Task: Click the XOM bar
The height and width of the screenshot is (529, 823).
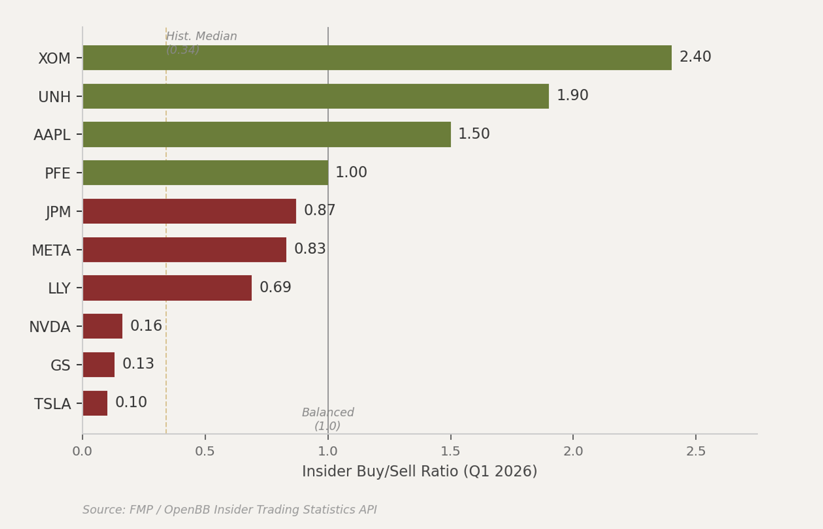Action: click(x=377, y=58)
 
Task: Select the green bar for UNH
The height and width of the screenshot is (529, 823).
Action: click(x=315, y=96)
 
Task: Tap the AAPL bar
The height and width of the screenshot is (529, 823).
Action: click(x=267, y=134)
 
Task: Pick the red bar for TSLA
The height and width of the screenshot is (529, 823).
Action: click(x=95, y=403)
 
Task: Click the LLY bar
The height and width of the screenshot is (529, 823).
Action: click(x=167, y=288)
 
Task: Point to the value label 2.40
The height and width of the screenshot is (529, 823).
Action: click(x=695, y=57)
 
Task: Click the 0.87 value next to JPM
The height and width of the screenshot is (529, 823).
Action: click(x=320, y=210)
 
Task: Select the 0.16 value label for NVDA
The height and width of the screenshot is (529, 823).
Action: click(x=146, y=326)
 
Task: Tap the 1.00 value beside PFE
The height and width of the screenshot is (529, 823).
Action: click(x=351, y=172)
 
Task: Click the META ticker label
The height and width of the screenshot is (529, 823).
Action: click(x=51, y=251)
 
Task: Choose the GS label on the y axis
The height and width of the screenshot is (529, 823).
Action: click(x=60, y=365)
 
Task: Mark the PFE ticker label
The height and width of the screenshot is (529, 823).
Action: click(x=58, y=174)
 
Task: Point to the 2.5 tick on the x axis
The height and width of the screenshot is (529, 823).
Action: click(x=695, y=452)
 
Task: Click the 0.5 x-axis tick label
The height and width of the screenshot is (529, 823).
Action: click(x=205, y=452)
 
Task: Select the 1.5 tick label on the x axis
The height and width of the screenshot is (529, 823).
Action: click(x=450, y=452)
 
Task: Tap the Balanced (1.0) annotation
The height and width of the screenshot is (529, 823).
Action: click(x=327, y=419)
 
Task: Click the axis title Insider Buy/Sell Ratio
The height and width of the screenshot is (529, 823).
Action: click(x=419, y=471)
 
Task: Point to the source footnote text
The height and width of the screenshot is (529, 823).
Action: click(x=230, y=510)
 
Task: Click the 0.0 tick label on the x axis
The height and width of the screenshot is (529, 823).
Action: click(x=82, y=452)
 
